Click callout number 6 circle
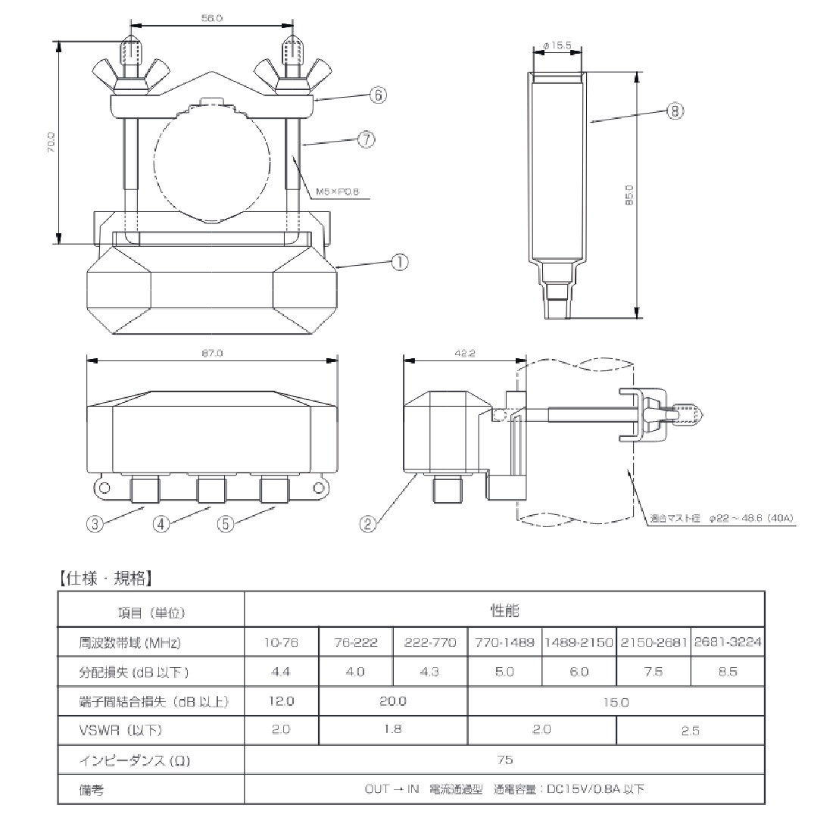pyautogui.click(x=379, y=95)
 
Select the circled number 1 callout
pyautogui.click(x=399, y=262)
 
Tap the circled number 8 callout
pyautogui.click(x=675, y=111)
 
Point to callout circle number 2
pyautogui.click(x=369, y=524)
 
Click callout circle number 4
pyautogui.click(x=160, y=524)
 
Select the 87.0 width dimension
pyautogui.click(x=212, y=351)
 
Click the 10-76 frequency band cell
pyautogui.click(x=281, y=643)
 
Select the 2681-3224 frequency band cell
pyautogui.click(x=727, y=643)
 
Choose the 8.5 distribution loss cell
pyautogui.click(x=727, y=672)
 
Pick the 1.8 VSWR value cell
pyautogui.click(x=393, y=730)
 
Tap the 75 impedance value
pyautogui.click(x=504, y=760)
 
